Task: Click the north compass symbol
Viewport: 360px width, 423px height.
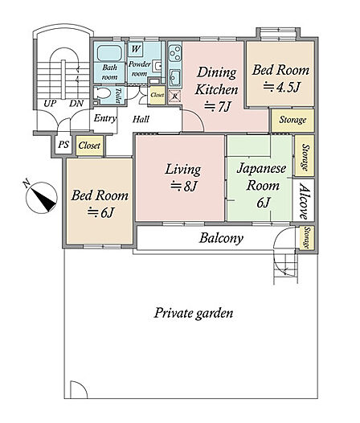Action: pos(41,198)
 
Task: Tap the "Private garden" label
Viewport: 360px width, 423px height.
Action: pos(194,313)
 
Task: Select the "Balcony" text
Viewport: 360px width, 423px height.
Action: pos(221,238)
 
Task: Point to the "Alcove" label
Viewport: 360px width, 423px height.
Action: pos(304,201)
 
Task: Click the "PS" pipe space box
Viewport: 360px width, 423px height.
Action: pos(63,145)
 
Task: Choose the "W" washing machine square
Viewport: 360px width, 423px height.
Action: pos(136,49)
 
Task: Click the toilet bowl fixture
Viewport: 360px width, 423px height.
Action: pos(104,93)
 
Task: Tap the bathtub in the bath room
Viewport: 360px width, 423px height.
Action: pos(109,53)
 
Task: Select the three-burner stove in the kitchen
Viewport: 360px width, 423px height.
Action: pos(174,53)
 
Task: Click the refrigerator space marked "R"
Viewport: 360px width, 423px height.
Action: pos(174,97)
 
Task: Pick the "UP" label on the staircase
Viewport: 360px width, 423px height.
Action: pos(50,103)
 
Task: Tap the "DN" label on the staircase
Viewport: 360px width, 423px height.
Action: pos(76,103)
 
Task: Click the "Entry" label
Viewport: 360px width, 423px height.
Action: pos(105,118)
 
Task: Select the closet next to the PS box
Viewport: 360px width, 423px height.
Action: pos(89,146)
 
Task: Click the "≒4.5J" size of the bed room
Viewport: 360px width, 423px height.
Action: pos(281,87)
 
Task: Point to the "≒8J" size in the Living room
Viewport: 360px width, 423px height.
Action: pos(184,186)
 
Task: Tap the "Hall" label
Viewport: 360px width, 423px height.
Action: pos(141,119)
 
